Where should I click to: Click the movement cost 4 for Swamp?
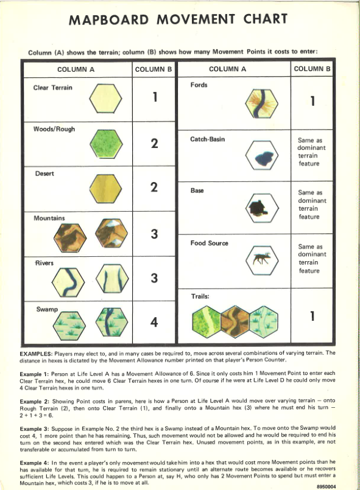[x=155, y=321]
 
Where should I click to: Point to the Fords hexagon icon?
[x=262, y=103]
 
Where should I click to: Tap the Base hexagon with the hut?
[x=262, y=209]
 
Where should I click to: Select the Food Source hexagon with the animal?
[x=262, y=261]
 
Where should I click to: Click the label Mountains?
[x=49, y=217]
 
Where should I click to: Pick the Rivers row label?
[x=44, y=263]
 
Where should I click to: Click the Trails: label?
[x=202, y=296]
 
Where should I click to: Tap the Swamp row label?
[x=46, y=309]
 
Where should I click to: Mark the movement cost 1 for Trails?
[x=312, y=317]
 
